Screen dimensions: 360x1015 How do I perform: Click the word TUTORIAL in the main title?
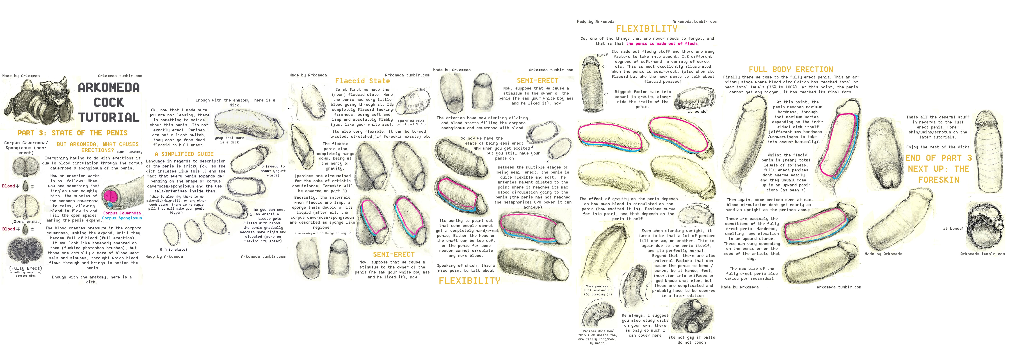(109, 117)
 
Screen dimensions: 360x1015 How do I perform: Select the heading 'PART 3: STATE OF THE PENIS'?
(72, 133)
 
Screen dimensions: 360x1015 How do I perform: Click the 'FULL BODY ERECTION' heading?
(791, 69)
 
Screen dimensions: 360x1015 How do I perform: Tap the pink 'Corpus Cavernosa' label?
(122, 213)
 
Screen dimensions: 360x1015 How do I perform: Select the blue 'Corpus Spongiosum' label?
(122, 218)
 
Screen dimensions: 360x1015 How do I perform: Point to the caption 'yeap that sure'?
(229, 138)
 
